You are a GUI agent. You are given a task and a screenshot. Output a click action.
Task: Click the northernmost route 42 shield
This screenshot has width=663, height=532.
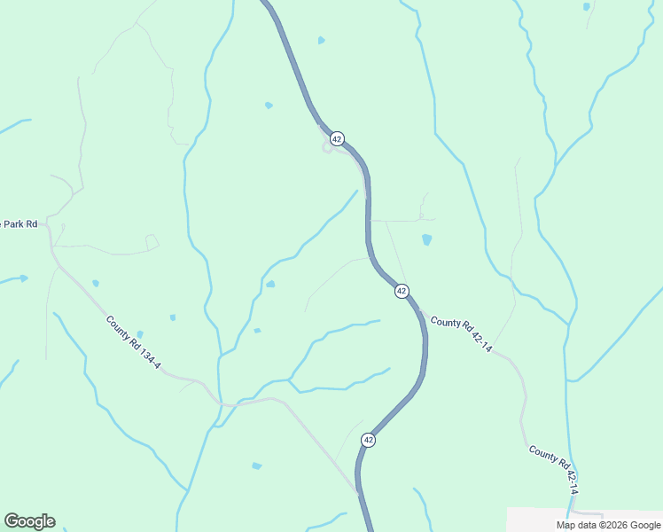(x=337, y=139)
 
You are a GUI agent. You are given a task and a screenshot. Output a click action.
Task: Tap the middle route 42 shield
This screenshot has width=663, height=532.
(x=402, y=291)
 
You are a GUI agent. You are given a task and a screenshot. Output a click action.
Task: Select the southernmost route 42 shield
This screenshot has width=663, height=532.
(x=368, y=440)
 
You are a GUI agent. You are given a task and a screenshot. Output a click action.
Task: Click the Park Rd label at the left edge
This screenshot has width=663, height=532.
(x=19, y=224)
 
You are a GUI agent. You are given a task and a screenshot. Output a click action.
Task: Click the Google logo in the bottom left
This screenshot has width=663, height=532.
(x=29, y=521)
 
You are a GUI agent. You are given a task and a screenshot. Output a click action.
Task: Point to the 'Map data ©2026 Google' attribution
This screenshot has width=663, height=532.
(x=609, y=525)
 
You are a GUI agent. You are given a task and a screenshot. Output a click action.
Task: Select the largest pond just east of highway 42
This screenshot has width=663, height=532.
(x=427, y=239)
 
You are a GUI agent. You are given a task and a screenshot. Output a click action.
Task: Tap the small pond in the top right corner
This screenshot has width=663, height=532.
(x=586, y=7)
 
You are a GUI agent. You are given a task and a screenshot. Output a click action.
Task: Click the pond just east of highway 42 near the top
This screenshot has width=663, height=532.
(x=321, y=40)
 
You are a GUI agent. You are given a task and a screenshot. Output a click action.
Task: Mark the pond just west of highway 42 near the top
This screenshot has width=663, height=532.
(x=269, y=106)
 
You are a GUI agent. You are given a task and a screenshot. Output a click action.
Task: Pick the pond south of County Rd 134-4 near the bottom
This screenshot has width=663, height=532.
(x=257, y=465)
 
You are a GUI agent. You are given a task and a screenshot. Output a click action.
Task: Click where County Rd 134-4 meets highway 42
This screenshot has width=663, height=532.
(x=357, y=489)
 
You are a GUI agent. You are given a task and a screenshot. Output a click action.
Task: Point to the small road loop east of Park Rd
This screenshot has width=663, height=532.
(x=152, y=241)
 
